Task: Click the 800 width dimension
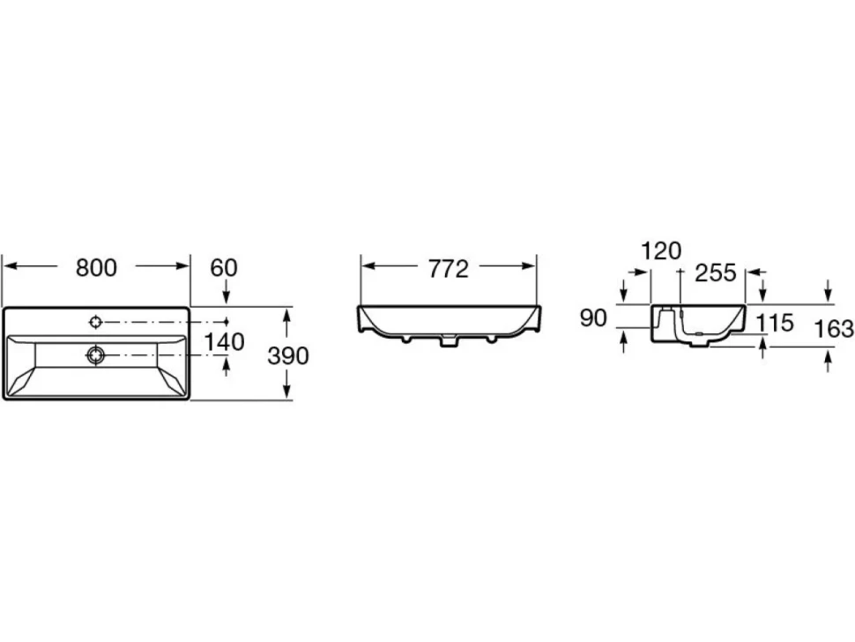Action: [x=96, y=268]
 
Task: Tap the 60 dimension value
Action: [x=224, y=268]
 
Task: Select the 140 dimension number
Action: [x=224, y=342]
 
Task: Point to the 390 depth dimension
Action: [x=288, y=355]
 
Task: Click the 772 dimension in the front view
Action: [x=449, y=269]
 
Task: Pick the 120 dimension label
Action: [x=661, y=251]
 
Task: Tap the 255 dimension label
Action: [x=716, y=272]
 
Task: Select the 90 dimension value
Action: [x=593, y=317]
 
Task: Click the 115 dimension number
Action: [x=775, y=323]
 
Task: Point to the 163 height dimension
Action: [x=834, y=328]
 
